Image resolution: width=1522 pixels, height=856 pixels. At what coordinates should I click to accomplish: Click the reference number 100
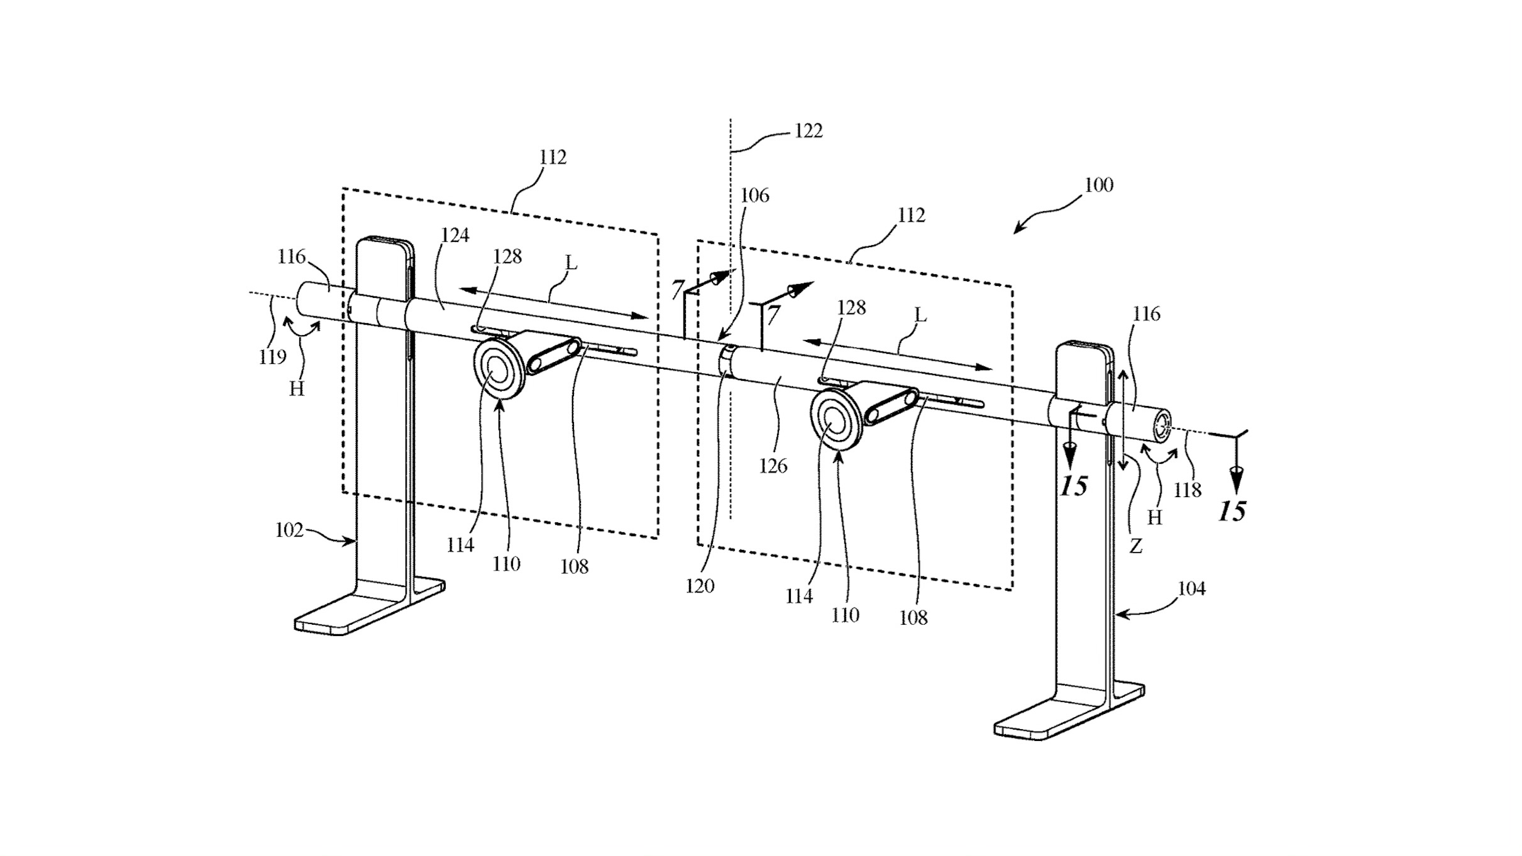coord(1099,185)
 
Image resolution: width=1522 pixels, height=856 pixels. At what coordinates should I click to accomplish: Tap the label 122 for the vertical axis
coord(808,131)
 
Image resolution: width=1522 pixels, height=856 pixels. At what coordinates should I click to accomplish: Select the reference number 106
coord(754,195)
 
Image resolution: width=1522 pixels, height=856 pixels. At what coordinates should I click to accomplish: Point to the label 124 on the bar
coord(455,235)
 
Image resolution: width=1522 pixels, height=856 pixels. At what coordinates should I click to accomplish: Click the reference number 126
coord(773,466)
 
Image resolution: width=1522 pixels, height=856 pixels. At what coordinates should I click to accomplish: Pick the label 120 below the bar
coord(700,586)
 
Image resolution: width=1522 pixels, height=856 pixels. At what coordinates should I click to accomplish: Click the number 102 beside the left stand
coord(289,530)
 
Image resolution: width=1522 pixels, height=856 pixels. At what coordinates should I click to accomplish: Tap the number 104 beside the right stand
coord(1191,589)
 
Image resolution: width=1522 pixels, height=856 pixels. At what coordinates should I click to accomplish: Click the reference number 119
coord(272,357)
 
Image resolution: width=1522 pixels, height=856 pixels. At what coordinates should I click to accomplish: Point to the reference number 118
coord(1188,490)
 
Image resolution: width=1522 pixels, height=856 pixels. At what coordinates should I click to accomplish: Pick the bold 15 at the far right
coord(1232,512)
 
